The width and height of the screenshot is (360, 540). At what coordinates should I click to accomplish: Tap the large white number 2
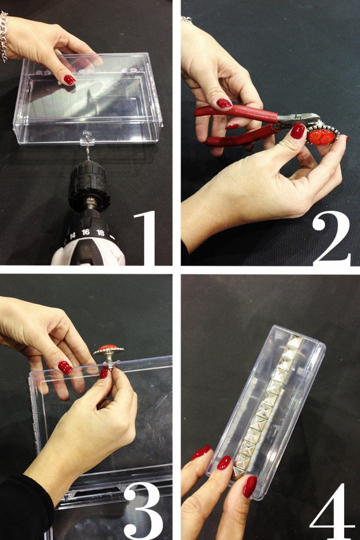point(331,238)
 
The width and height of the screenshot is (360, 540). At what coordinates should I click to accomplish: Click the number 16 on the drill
point(85,232)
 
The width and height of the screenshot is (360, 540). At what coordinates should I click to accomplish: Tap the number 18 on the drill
point(100,233)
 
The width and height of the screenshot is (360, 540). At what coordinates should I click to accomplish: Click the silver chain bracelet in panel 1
point(3,37)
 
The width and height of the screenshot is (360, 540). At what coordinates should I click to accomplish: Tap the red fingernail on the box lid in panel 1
point(69,79)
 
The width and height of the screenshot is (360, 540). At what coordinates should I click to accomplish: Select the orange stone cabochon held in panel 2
point(322,137)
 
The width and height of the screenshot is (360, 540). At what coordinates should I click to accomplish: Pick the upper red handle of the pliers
point(237,113)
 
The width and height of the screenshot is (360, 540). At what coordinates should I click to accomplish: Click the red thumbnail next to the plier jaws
point(298,131)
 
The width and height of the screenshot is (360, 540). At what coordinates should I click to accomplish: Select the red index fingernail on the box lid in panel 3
point(65,367)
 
